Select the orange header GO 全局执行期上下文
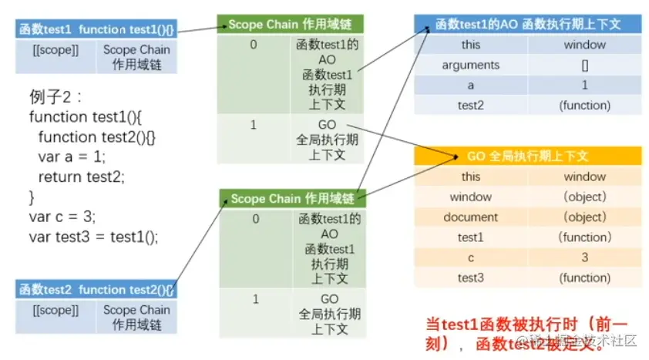(527, 156)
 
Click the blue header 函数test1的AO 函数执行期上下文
(527, 25)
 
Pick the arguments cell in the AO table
(470, 66)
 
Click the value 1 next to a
(585, 86)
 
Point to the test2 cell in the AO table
(470, 106)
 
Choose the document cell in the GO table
(470, 217)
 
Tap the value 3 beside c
(585, 257)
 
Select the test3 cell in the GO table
(470, 278)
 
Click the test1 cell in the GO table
(470, 237)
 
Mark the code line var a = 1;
(72, 156)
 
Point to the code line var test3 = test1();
(93, 237)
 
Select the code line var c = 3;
(62, 217)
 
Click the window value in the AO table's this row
(585, 45)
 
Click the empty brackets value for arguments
(585, 66)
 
